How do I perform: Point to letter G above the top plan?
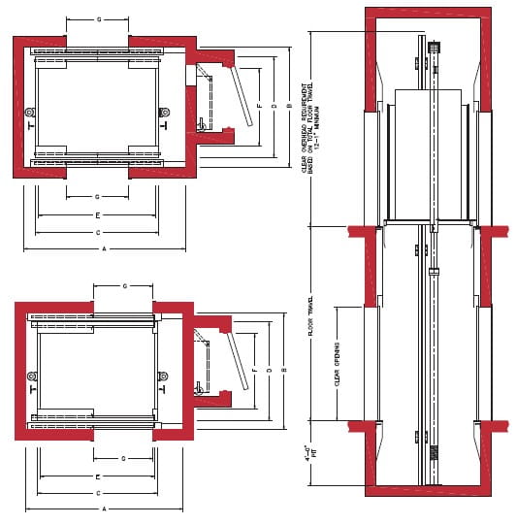[x=98, y=19]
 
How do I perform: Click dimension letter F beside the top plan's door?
[x=261, y=103]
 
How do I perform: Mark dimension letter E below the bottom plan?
[x=98, y=477]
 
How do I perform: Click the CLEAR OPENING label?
[x=337, y=364]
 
